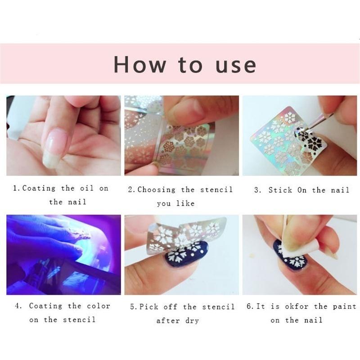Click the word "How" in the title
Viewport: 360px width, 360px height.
(139, 64)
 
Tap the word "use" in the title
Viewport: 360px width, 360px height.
(236, 65)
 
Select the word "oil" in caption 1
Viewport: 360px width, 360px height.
(87, 188)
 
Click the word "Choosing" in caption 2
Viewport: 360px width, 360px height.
(156, 189)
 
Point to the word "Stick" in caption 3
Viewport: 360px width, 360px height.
(280, 190)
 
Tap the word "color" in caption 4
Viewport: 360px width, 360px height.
(98, 306)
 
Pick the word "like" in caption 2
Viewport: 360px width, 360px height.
(185, 203)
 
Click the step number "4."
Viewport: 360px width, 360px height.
(18, 306)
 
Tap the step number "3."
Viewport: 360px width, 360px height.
(257, 190)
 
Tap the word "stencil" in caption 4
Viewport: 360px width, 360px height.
(79, 319)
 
